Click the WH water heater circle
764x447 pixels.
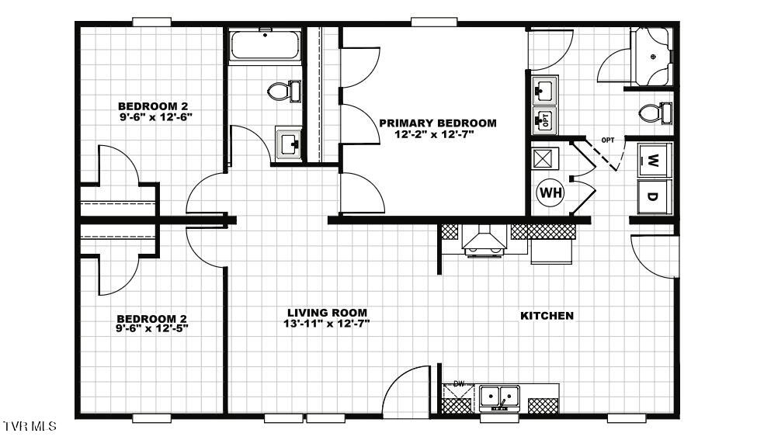pyautogui.click(x=550, y=191)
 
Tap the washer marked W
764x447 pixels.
pyautogui.click(x=653, y=162)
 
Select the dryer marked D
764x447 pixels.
pyautogui.click(x=653, y=196)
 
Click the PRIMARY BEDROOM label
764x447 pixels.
pyautogui.click(x=437, y=123)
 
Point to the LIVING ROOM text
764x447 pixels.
pyautogui.click(x=325, y=312)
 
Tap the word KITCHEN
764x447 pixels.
pyautogui.click(x=547, y=315)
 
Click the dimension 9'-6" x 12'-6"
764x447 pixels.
pyautogui.click(x=153, y=116)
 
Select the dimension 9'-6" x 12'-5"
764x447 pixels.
pyautogui.click(x=152, y=327)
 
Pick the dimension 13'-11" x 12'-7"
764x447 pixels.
pyautogui.click(x=326, y=323)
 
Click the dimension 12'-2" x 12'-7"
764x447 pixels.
pyautogui.click(x=434, y=134)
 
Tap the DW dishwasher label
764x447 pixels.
pyautogui.click(x=458, y=383)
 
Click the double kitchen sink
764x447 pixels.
pyautogui.click(x=499, y=397)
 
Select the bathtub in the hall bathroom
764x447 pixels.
pyautogui.click(x=265, y=46)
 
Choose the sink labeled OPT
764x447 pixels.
pyautogui.click(x=544, y=119)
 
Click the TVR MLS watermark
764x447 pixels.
pyautogui.click(x=30, y=427)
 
